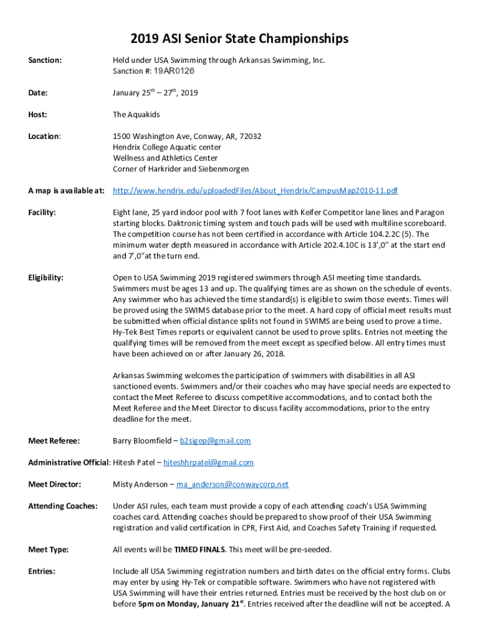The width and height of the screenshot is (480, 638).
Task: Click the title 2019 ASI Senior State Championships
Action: (x=239, y=39)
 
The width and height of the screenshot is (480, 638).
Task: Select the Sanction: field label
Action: (x=45, y=60)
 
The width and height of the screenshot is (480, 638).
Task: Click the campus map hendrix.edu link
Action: (x=256, y=191)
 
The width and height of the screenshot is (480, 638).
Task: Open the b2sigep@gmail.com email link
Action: (x=215, y=441)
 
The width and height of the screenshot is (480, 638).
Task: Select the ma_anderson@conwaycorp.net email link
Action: (x=233, y=484)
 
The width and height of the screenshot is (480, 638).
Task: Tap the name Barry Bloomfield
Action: (x=142, y=441)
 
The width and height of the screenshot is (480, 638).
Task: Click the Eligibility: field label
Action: (x=46, y=277)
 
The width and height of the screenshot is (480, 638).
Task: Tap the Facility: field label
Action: (x=42, y=212)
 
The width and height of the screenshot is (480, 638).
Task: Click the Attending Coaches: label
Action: (x=63, y=506)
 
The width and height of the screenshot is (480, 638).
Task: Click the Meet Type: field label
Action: (x=49, y=550)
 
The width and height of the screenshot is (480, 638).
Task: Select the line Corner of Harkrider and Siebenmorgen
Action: (x=181, y=169)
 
